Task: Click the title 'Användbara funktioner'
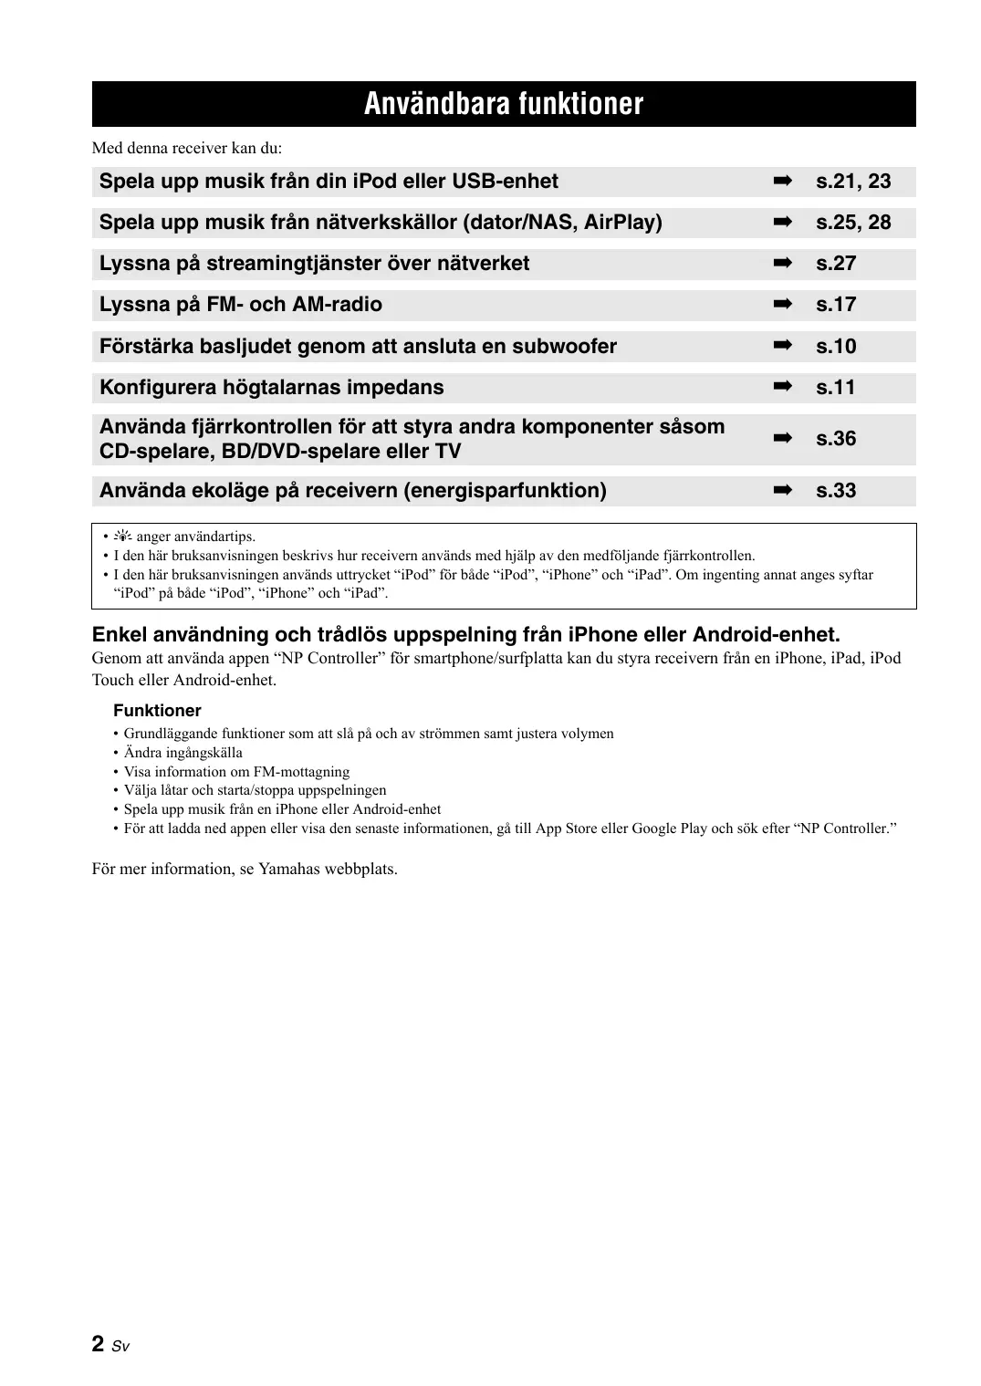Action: click(504, 104)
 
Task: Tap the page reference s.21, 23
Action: click(853, 182)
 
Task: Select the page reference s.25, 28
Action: click(853, 223)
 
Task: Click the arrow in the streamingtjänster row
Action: click(782, 264)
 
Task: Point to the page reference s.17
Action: click(836, 305)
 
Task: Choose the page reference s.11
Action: click(836, 388)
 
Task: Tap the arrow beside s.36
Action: click(782, 439)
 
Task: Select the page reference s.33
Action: click(836, 491)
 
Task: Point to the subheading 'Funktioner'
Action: click(157, 711)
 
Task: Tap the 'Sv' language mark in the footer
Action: click(120, 1347)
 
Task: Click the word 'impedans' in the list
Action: click(401, 388)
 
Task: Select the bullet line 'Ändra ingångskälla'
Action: click(183, 753)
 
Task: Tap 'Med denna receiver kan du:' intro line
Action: click(187, 148)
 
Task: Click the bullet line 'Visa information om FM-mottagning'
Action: click(236, 772)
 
